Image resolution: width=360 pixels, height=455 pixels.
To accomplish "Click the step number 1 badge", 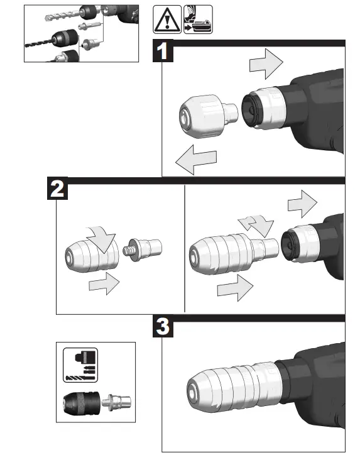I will pos(164,50).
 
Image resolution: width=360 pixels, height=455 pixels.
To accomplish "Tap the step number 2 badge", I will pos(58,189).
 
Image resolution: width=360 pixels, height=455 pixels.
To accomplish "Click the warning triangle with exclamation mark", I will pos(166,20).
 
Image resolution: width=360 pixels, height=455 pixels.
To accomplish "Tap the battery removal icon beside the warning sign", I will pos(198,20).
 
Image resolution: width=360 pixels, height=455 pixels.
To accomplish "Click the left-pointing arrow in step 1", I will pos(193,160).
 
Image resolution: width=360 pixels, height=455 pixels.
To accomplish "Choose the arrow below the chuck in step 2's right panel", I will pos(234,290).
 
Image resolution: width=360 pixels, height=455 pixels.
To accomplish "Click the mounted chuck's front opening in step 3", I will pos(194,392).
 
